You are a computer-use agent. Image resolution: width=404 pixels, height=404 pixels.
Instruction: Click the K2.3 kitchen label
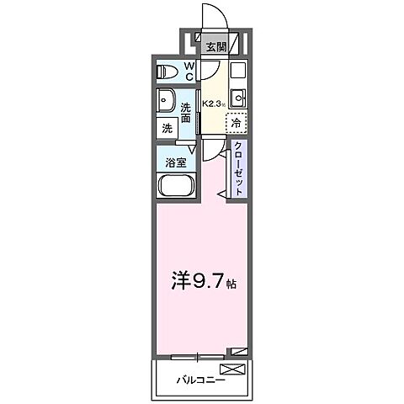[211, 104]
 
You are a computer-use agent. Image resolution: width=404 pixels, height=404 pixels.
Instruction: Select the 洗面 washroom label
[188, 112]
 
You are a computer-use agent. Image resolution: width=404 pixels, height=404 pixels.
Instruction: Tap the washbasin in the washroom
[166, 99]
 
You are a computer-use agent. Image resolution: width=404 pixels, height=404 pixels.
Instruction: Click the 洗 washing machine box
[167, 129]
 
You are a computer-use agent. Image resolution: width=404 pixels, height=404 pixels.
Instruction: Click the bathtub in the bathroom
[176, 187]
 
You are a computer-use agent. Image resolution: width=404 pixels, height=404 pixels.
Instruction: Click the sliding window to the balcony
[199, 354]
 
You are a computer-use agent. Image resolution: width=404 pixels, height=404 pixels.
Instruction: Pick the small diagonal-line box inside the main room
[242, 351]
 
